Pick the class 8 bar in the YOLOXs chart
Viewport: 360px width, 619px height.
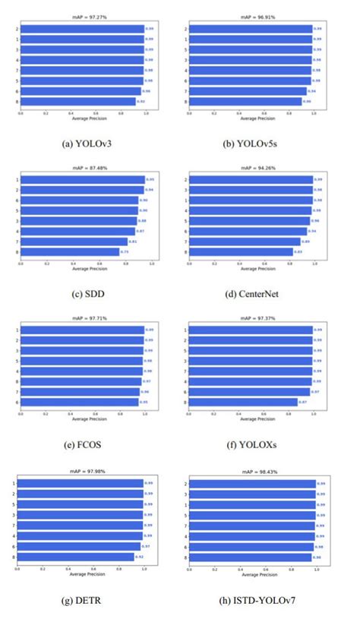pyautogui.click(x=242, y=402)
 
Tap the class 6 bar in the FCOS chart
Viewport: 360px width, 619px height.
pyautogui.click(x=79, y=402)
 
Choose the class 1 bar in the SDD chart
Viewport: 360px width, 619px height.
pyautogui.click(x=82, y=180)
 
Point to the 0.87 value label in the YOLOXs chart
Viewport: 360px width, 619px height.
pyautogui.click(x=302, y=402)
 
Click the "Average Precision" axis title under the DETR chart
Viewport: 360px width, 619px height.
pyautogui.click(x=81, y=574)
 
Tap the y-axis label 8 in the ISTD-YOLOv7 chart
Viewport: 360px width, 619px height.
pyautogui.click(x=185, y=557)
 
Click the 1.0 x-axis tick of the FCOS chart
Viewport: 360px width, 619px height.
pyautogui.click(x=144, y=415)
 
